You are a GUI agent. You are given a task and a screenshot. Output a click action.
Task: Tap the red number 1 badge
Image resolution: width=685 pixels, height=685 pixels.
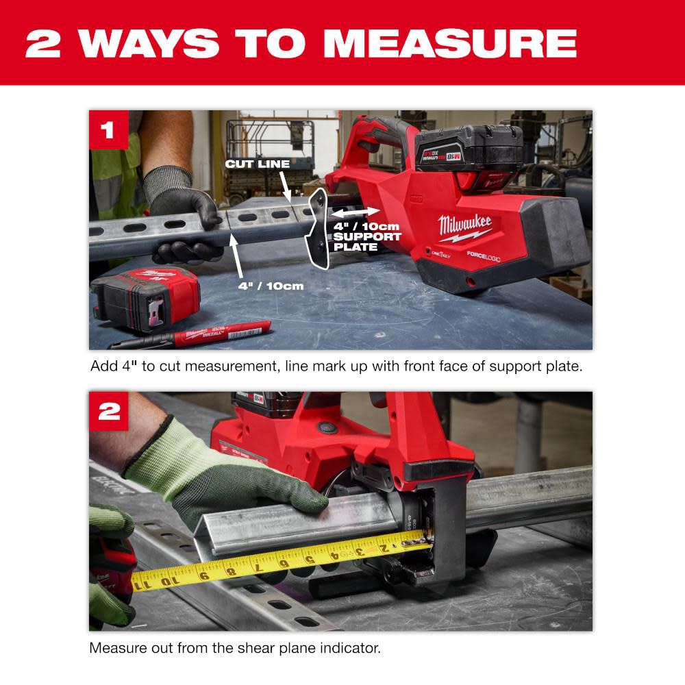(x=108, y=129)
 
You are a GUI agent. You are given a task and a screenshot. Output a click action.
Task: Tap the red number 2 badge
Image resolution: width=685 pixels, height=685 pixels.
(x=108, y=411)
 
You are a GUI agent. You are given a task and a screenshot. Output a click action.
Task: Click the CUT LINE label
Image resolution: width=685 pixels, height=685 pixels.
(x=258, y=164)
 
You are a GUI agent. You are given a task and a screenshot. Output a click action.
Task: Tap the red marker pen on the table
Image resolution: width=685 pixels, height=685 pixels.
(x=199, y=334)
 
